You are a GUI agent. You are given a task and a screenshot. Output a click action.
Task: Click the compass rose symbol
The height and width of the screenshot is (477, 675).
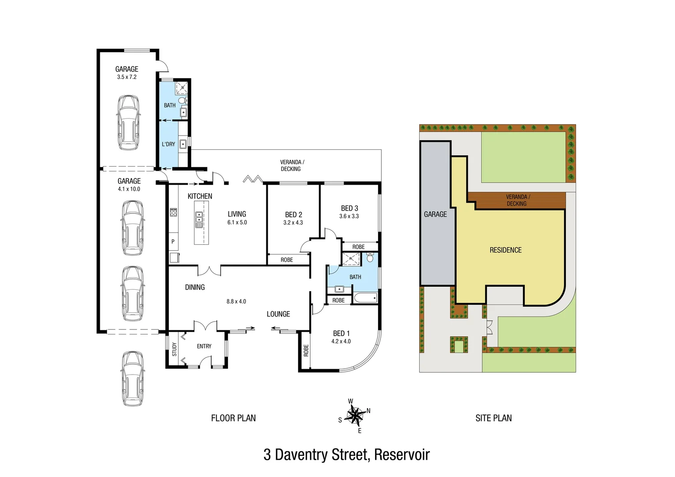tap(354, 415)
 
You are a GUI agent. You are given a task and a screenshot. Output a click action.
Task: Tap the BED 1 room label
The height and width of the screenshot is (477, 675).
tap(341, 333)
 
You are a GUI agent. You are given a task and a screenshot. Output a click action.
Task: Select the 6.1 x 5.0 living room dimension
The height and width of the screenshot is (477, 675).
tap(237, 223)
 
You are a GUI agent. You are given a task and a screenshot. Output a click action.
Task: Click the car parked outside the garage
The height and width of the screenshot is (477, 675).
tap(133, 379)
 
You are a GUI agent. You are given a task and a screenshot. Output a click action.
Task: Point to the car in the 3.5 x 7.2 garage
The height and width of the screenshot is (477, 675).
tap(128, 122)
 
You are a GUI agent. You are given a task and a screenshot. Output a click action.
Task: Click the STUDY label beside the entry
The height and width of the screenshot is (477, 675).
tap(174, 349)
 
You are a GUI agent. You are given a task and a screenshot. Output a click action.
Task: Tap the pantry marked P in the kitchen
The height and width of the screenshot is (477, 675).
tap(173, 242)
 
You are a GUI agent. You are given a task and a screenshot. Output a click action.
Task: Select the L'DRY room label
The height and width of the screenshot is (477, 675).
tap(168, 144)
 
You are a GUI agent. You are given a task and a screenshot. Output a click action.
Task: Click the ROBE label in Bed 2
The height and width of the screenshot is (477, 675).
tap(287, 260)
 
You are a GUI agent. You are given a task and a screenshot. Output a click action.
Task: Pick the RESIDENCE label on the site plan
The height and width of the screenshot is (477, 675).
tap(505, 250)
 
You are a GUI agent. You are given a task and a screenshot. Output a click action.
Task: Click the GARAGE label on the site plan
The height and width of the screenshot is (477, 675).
tap(435, 214)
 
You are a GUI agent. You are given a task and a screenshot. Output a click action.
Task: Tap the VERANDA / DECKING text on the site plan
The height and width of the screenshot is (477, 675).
tap(517, 200)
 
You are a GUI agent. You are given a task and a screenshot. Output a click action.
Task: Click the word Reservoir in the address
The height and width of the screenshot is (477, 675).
tap(402, 454)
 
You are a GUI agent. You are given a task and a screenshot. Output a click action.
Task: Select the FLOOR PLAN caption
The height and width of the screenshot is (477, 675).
tap(233, 418)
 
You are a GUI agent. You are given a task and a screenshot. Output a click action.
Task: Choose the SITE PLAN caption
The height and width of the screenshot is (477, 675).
tap(493, 418)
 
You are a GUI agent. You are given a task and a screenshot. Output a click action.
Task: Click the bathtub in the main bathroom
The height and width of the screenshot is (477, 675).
tap(365, 298)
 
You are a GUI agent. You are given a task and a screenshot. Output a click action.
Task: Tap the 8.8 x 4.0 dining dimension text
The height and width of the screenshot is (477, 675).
tap(236, 302)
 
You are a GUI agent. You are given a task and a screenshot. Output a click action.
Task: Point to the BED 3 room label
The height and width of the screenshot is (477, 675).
tap(349, 208)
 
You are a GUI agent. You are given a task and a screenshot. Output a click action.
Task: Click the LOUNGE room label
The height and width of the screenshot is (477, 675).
tap(278, 314)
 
